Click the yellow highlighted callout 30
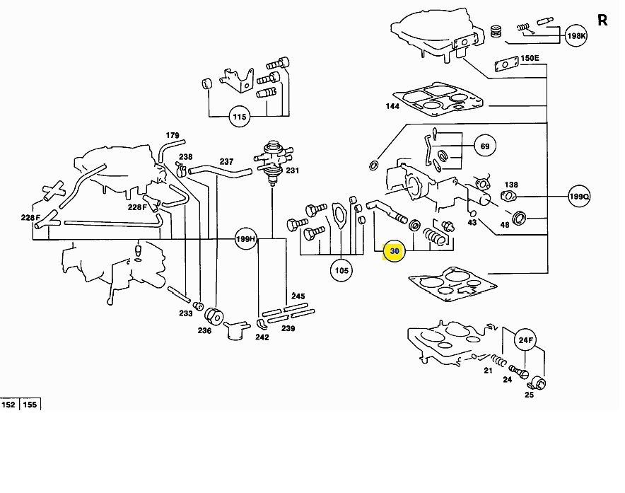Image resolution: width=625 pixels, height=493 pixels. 394,251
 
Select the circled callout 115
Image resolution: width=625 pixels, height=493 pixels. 240,116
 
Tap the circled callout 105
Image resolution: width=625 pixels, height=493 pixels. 342,269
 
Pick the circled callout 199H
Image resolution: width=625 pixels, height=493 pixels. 246,239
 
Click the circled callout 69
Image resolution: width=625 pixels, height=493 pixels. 484,146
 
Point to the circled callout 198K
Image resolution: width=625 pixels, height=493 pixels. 576,35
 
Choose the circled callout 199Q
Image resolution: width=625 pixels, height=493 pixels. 579,196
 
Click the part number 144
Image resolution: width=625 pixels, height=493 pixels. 392,107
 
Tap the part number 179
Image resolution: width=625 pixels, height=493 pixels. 173,135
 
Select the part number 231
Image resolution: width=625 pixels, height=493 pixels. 292,170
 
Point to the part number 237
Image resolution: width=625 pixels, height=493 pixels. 226,161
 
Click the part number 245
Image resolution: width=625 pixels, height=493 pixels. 298,296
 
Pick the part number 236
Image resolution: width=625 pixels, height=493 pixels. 204,330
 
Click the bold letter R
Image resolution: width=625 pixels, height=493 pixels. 602,20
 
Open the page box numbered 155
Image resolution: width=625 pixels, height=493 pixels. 30,405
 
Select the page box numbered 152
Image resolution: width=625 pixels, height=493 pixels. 9,405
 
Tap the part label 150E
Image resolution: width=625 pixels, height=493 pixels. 530,58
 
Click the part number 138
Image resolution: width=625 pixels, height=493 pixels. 510,184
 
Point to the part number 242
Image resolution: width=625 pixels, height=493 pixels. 262,337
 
